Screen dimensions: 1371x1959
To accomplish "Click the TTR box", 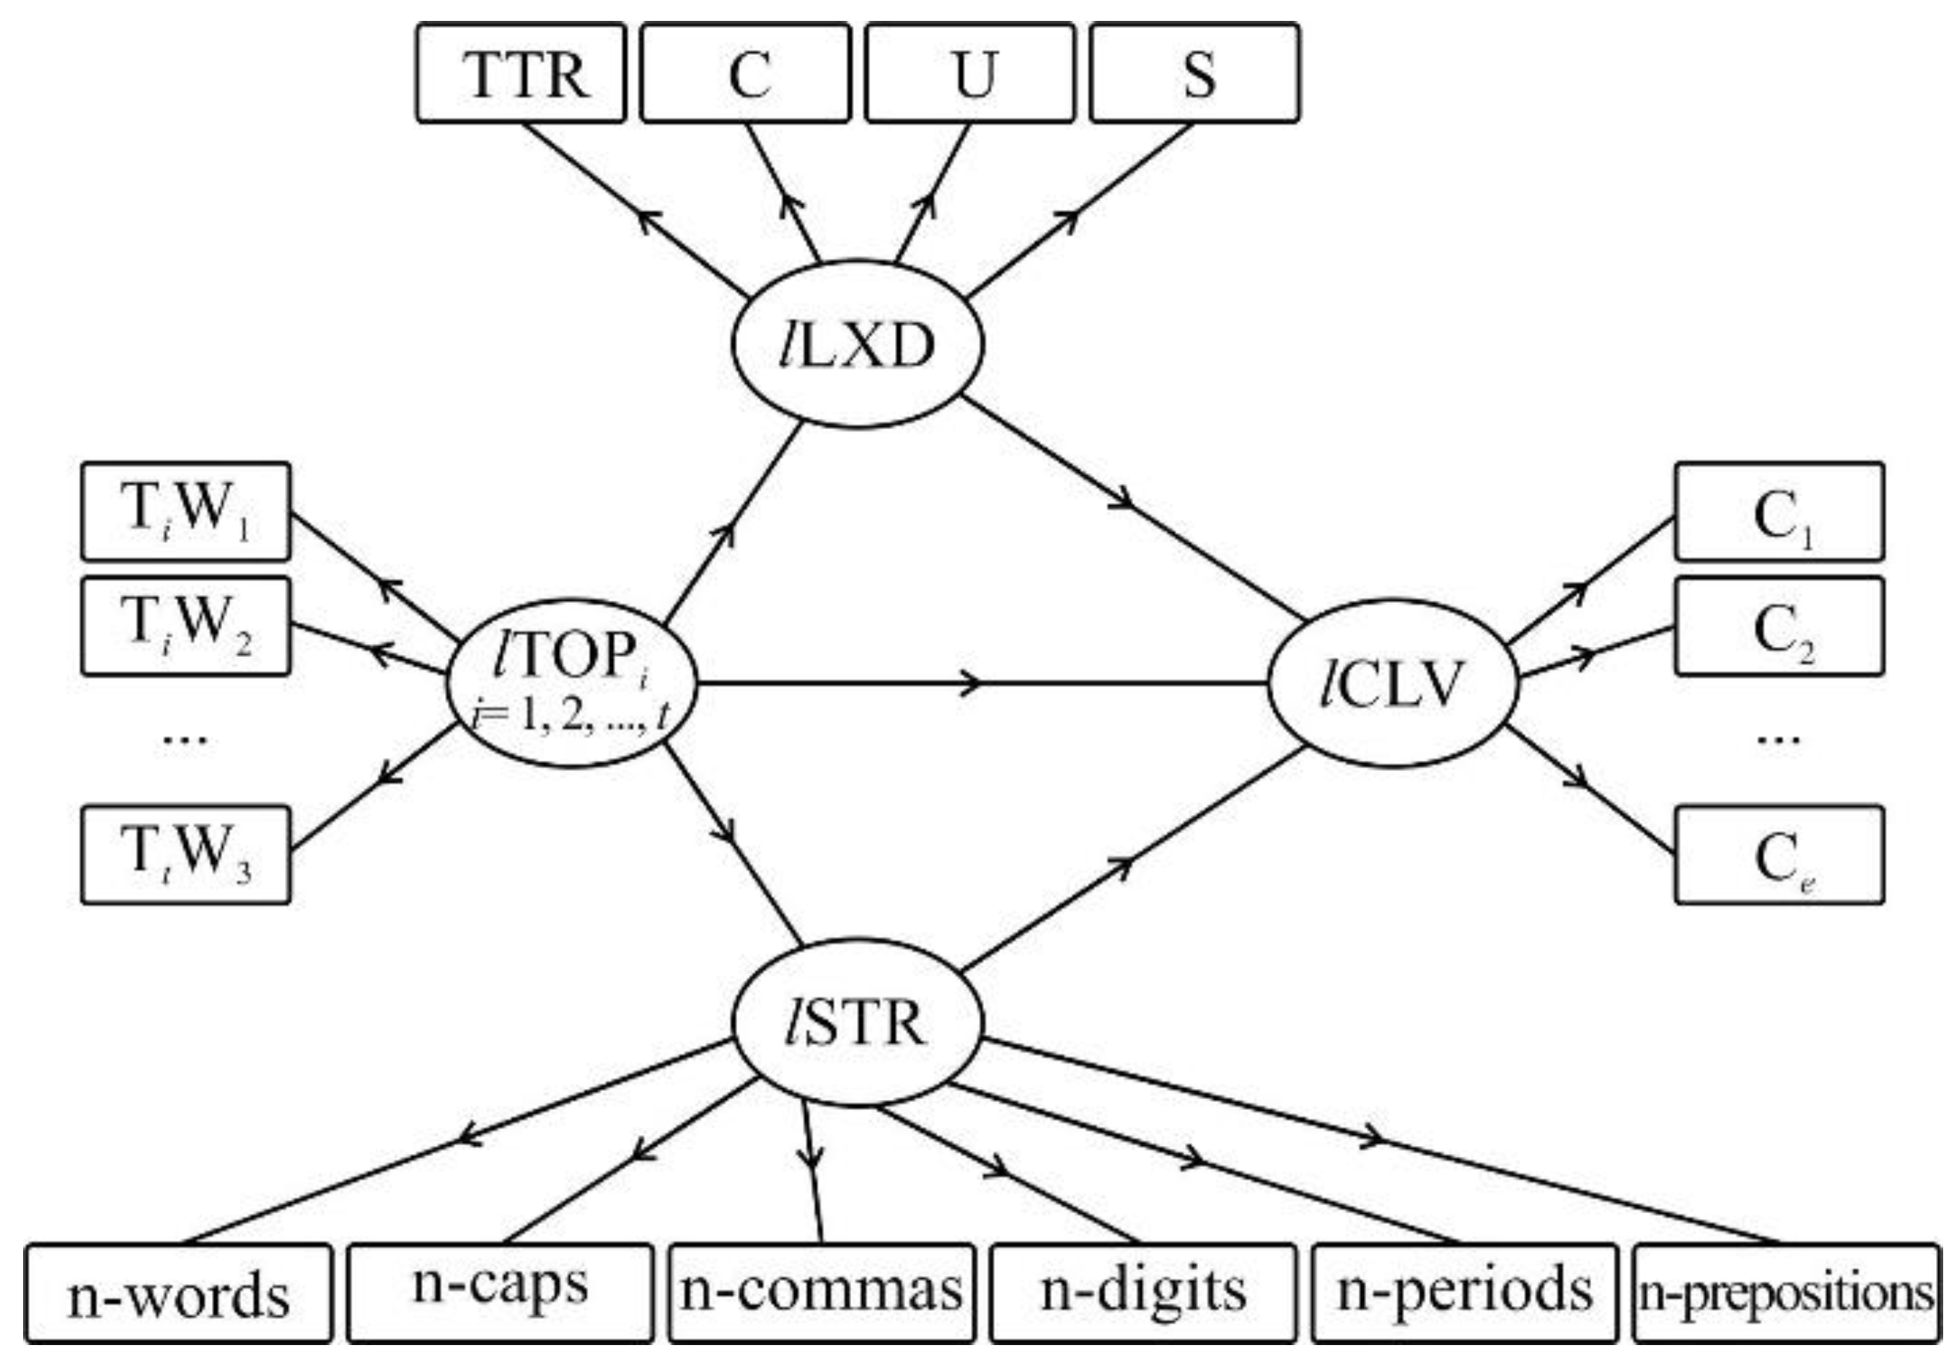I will point(521,74).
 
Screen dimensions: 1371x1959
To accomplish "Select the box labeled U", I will point(970,74).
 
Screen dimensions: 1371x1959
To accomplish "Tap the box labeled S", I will point(1194,74).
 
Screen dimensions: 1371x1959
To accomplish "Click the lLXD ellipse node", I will point(858,344).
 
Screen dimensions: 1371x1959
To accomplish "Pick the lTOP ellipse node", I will point(572,682).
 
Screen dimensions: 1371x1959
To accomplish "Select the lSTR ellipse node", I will point(858,1023).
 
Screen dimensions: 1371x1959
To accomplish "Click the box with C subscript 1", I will point(1779,512).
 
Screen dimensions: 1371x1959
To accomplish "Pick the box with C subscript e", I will point(1779,855).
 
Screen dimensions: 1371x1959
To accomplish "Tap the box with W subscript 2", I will point(186,626).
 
